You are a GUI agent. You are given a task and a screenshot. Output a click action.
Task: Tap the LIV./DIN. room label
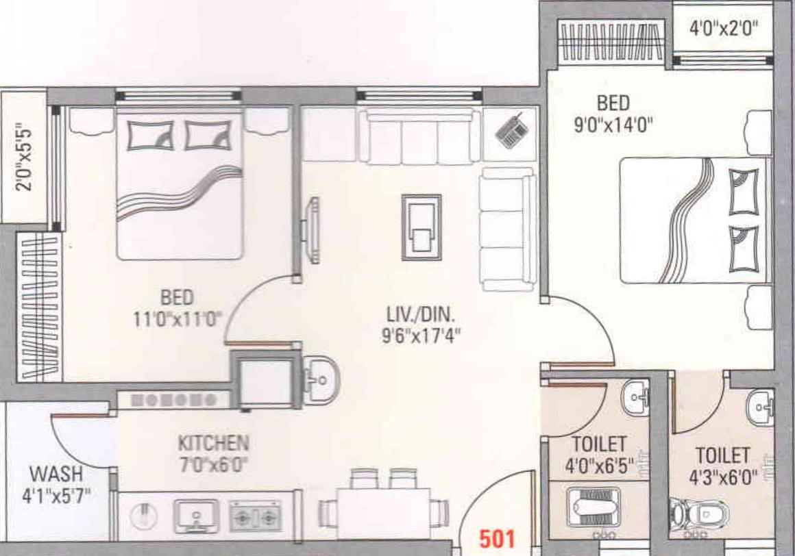click(421, 316)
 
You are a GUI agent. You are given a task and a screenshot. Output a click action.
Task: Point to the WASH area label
click(56, 473)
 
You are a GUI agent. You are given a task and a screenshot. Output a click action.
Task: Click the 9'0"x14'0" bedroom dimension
click(613, 125)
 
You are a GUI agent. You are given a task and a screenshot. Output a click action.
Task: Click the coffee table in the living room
click(421, 227)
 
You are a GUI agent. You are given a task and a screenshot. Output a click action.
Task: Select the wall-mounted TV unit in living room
click(313, 229)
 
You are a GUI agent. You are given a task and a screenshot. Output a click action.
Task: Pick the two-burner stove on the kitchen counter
click(255, 516)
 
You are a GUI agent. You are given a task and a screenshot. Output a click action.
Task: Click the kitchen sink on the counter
click(196, 516)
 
